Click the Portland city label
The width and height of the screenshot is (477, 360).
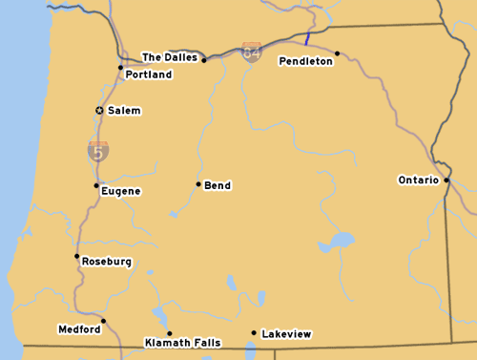[x=148, y=74]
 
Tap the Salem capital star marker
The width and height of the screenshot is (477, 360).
[x=99, y=111]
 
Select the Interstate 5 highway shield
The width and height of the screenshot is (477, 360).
[x=97, y=150]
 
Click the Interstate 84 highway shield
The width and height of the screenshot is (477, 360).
[x=252, y=52]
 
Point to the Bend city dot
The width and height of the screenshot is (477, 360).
[x=198, y=184]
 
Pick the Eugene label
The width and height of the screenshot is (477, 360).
[x=121, y=191]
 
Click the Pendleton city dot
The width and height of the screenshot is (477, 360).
[x=337, y=53]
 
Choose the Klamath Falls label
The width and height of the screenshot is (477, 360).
[x=182, y=342]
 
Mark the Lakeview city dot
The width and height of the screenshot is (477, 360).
[x=253, y=333]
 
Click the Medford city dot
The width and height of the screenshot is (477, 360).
[x=103, y=321]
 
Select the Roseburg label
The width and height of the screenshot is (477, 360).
[x=107, y=262]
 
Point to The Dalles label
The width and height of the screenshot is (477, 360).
[x=170, y=57]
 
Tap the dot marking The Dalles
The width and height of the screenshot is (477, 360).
[x=203, y=60]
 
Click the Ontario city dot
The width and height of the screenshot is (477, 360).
[x=446, y=179]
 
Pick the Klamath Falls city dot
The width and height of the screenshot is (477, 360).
[x=169, y=333]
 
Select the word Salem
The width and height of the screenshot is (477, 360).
[x=124, y=111]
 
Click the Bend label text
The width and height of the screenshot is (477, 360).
[x=218, y=185]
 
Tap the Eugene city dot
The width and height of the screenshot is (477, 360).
[x=95, y=185]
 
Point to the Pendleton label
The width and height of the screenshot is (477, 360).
[x=305, y=61]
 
